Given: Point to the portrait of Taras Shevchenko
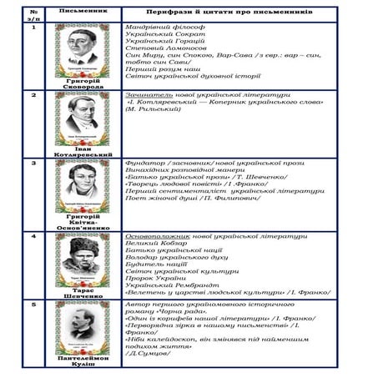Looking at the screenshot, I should tap(83, 255).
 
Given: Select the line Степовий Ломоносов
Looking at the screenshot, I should tap(157, 49).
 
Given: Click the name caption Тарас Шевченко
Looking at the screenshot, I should tap(83, 290).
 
